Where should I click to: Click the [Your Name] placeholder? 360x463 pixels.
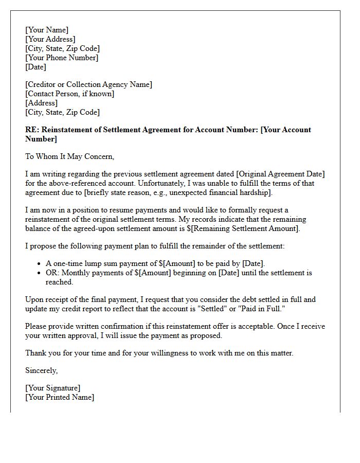47,30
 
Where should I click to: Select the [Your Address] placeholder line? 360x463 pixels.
50,39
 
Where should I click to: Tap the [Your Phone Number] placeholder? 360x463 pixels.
62,58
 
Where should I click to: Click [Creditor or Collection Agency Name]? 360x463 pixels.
88,84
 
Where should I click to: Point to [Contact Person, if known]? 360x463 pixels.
70,94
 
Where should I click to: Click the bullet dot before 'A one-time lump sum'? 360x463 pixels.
40,264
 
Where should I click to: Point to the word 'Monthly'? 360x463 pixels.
77,273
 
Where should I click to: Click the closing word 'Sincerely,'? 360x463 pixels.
42,370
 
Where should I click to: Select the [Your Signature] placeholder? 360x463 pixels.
53,388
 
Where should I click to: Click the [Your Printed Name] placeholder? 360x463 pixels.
60,397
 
